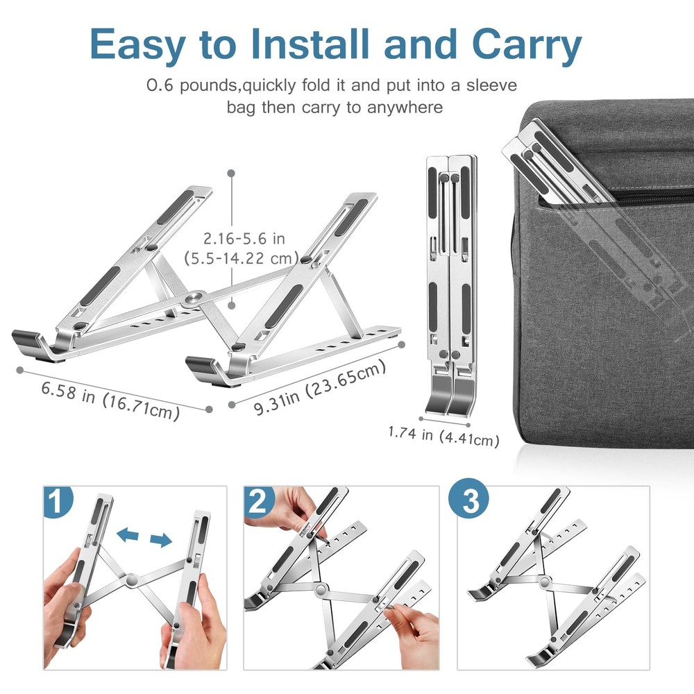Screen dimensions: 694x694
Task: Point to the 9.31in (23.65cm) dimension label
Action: (319, 388)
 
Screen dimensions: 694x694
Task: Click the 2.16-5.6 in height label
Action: (244, 238)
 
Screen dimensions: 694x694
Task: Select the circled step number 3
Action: (471, 501)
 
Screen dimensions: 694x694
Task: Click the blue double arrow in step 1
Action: (144, 537)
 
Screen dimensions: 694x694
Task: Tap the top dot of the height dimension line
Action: (231, 173)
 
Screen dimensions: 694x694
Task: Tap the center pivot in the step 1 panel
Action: (131, 578)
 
